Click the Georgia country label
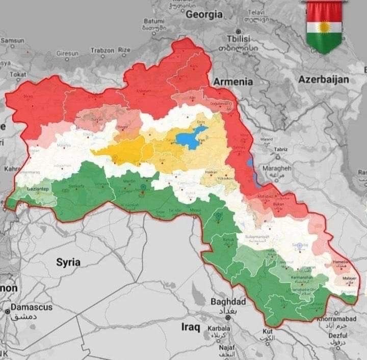pyautogui.click(x=204, y=15)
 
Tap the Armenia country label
pyautogui.click(x=232, y=81)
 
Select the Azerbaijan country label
pyautogui.click(x=324, y=79)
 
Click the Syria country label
pyautogui.click(x=68, y=262)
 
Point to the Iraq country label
pyautogui.click(x=191, y=326)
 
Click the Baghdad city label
pyautogui.click(x=228, y=301)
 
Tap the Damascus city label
pyautogui.click(x=28, y=308)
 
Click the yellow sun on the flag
pyautogui.click(x=324, y=26)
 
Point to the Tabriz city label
pyautogui.click(x=281, y=149)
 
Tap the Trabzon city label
pyautogui.click(x=102, y=50)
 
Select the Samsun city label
pyautogui.click(x=12, y=40)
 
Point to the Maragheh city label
pyautogui.click(x=276, y=168)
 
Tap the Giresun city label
pyautogui.click(x=67, y=53)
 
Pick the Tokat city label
pyautogui.click(x=18, y=74)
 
